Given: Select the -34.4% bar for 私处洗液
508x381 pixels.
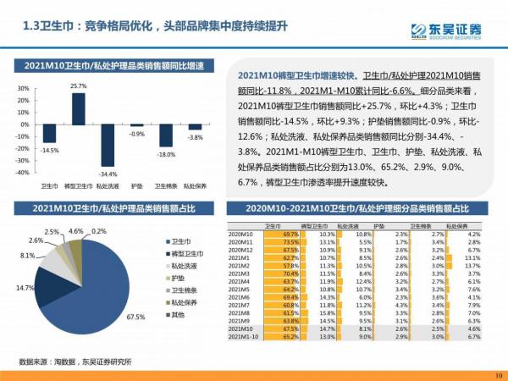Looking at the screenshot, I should point(108,145).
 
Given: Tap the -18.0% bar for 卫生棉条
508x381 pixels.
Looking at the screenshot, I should point(166,135).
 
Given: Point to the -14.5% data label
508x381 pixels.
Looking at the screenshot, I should point(50,150).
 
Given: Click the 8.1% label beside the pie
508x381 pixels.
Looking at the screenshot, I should point(27,255).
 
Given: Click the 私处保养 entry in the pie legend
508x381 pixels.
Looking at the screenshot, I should point(182,301).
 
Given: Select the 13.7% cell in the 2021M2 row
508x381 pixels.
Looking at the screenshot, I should point(473,266).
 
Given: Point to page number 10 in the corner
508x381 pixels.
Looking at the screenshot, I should point(497,374).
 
